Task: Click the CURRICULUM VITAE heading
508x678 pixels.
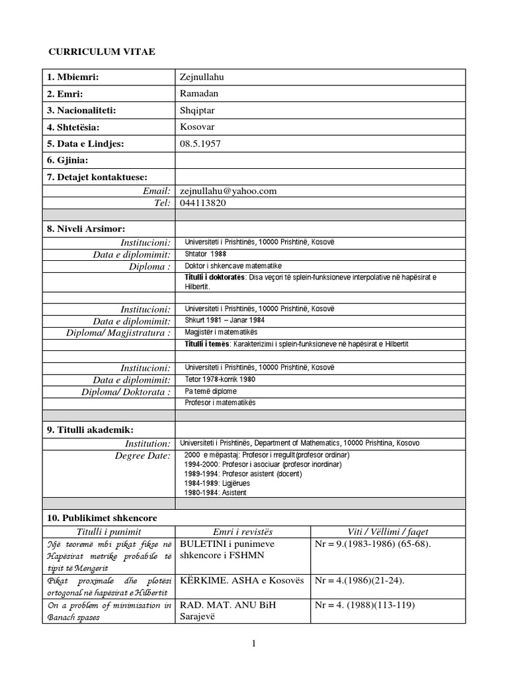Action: [103, 52]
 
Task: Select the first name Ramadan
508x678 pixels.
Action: [198, 94]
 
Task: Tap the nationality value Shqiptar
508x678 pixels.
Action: [198, 111]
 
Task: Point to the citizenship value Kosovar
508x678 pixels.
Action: [197, 126]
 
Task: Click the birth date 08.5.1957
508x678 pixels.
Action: [201, 143]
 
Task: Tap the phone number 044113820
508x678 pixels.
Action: [202, 203]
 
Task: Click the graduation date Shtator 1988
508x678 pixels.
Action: [206, 254]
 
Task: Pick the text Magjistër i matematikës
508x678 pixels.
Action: [221, 331]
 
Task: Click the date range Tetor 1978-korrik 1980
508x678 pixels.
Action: [220, 379]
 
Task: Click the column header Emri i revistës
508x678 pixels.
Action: [242, 532]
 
